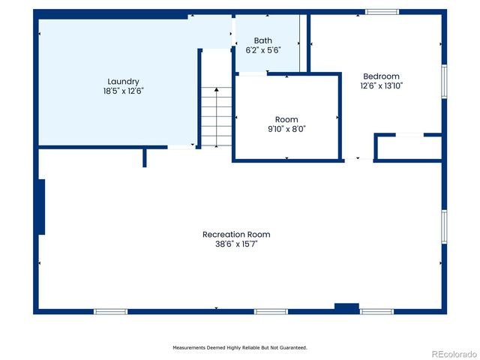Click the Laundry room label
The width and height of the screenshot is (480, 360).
point(123,81)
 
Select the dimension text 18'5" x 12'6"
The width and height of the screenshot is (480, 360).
point(123,90)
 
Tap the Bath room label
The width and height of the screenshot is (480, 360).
point(262,40)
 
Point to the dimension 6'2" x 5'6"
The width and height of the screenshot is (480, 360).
point(262,50)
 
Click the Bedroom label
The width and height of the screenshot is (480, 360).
point(381,76)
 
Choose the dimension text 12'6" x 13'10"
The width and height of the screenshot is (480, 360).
point(381,85)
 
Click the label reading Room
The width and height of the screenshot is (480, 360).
point(286,119)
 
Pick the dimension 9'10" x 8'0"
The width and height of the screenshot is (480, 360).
point(286,129)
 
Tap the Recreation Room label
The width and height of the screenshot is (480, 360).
point(236,234)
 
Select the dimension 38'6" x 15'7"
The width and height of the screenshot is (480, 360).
point(236,244)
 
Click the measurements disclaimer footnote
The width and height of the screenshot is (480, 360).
point(240,347)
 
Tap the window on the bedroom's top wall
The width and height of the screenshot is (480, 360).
point(382,12)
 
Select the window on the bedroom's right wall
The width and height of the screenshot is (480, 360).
point(444,81)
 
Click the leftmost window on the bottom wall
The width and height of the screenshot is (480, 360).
point(110,311)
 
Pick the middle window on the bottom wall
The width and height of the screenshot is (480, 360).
point(271,311)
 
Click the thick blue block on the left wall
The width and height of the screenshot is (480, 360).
point(41,206)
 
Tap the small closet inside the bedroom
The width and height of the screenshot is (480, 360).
point(409,148)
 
